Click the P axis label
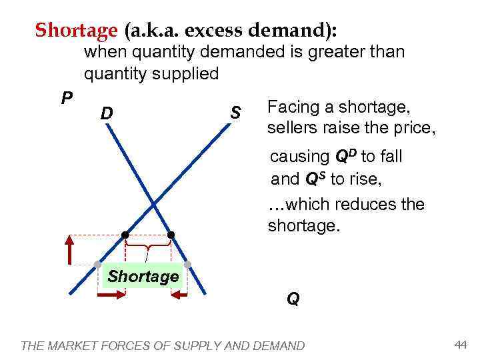click(67, 99)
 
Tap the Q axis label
click(293, 299)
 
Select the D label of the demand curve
click(106, 115)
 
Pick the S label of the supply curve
click(235, 113)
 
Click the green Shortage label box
click(143, 277)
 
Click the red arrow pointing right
click(112, 294)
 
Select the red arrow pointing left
click(180, 294)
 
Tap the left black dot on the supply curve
click(125, 235)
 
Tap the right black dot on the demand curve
click(171, 235)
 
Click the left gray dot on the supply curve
click(97, 265)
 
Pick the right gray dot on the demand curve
click(187, 265)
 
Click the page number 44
click(460, 344)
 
